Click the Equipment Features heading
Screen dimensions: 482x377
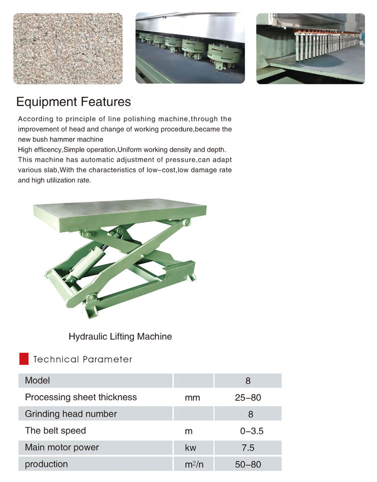click(73, 102)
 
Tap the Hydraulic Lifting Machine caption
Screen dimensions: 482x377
click(120, 337)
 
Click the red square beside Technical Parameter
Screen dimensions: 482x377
click(23, 359)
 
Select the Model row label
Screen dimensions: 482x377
click(37, 381)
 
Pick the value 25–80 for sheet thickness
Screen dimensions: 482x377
click(248, 398)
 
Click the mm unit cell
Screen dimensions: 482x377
click(192, 398)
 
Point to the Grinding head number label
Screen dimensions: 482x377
click(71, 414)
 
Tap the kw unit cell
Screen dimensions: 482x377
click(191, 448)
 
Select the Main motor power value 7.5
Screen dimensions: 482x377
click(248, 448)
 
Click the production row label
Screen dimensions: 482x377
click(46, 465)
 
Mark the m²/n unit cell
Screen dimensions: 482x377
click(194, 465)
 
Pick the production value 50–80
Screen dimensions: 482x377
click(248, 465)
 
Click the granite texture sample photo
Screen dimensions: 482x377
click(68, 48)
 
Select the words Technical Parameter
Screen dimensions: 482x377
click(82, 359)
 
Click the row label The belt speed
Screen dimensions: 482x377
click(55, 431)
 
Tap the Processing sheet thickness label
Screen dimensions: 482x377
click(81, 398)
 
